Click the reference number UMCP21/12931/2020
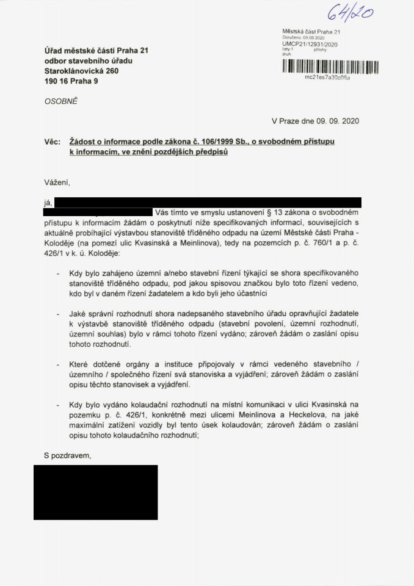tap(310, 44)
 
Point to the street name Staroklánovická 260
tap(81, 71)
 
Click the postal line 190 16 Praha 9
tap(70, 81)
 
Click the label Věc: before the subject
tap(53, 142)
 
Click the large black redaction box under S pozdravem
tap(95, 491)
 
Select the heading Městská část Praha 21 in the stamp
tap(315, 31)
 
